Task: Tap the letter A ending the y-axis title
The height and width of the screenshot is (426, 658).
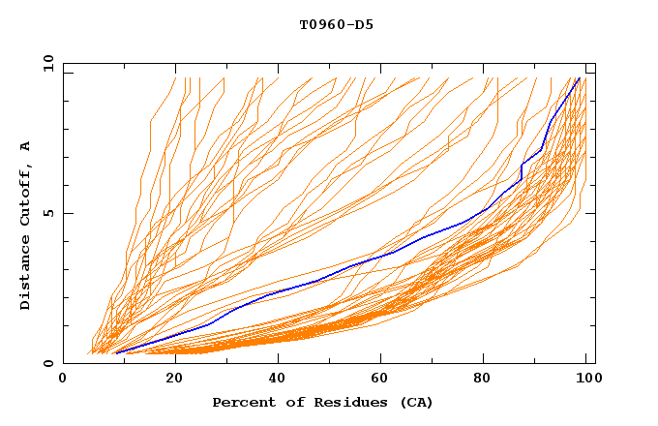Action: pyautogui.click(x=25, y=146)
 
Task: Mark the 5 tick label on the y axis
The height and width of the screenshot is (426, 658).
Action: pyautogui.click(x=46, y=213)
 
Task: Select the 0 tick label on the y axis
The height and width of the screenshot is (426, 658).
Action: pyautogui.click(x=46, y=363)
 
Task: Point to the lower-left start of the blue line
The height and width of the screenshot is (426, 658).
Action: pyautogui.click(x=116, y=352)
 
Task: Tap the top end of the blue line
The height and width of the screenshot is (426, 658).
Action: pyautogui.click(x=579, y=78)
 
